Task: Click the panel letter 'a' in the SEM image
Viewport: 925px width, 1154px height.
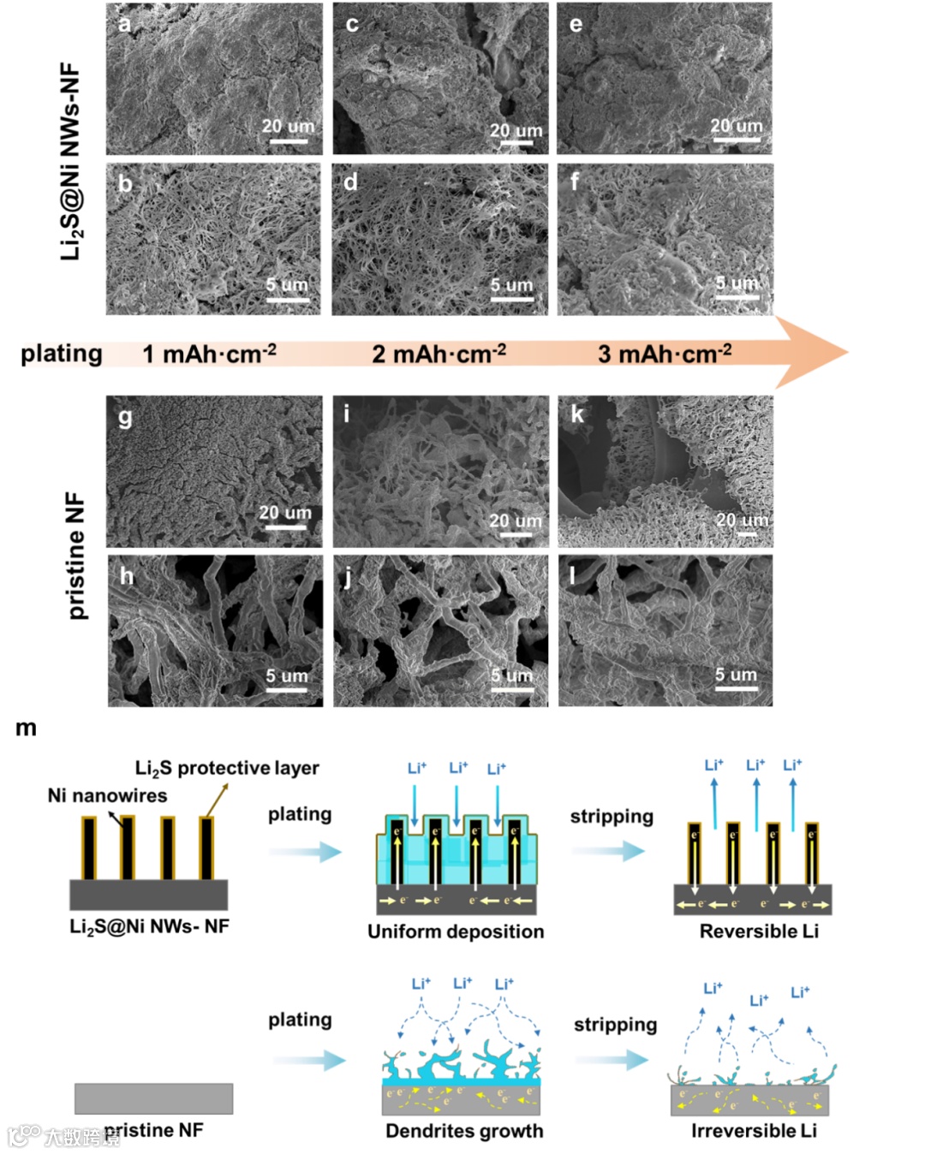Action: tap(125, 24)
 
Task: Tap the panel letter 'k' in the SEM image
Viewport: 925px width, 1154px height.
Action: tap(577, 414)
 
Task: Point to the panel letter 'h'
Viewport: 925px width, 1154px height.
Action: tap(127, 576)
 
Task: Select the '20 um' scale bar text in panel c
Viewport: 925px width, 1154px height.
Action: tap(516, 131)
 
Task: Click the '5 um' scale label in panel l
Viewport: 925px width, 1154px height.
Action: tap(737, 675)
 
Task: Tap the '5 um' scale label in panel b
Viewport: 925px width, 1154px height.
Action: tap(286, 285)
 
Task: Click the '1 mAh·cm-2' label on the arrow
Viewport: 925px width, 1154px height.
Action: tap(209, 354)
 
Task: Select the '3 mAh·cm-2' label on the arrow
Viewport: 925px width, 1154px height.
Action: tap(665, 354)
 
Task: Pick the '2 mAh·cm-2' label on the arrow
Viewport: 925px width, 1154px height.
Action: tap(439, 354)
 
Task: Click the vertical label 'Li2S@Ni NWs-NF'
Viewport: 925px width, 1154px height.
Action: tap(70, 161)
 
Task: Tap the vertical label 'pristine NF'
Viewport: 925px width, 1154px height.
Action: tap(75, 556)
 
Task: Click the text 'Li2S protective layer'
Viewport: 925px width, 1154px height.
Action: tap(227, 768)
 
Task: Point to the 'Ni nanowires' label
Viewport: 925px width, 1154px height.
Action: tap(108, 795)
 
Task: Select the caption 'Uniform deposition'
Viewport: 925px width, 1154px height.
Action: tap(456, 931)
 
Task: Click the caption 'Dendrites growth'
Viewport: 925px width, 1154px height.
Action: tap(464, 1131)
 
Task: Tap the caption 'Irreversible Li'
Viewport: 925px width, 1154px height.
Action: tap(754, 1131)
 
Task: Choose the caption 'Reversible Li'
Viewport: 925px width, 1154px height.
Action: tap(759, 931)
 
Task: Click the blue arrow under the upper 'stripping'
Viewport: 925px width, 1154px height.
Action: tap(608, 851)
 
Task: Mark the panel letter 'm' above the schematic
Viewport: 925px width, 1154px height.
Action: tap(26, 729)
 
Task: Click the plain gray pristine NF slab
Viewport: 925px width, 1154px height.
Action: tap(153, 1098)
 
